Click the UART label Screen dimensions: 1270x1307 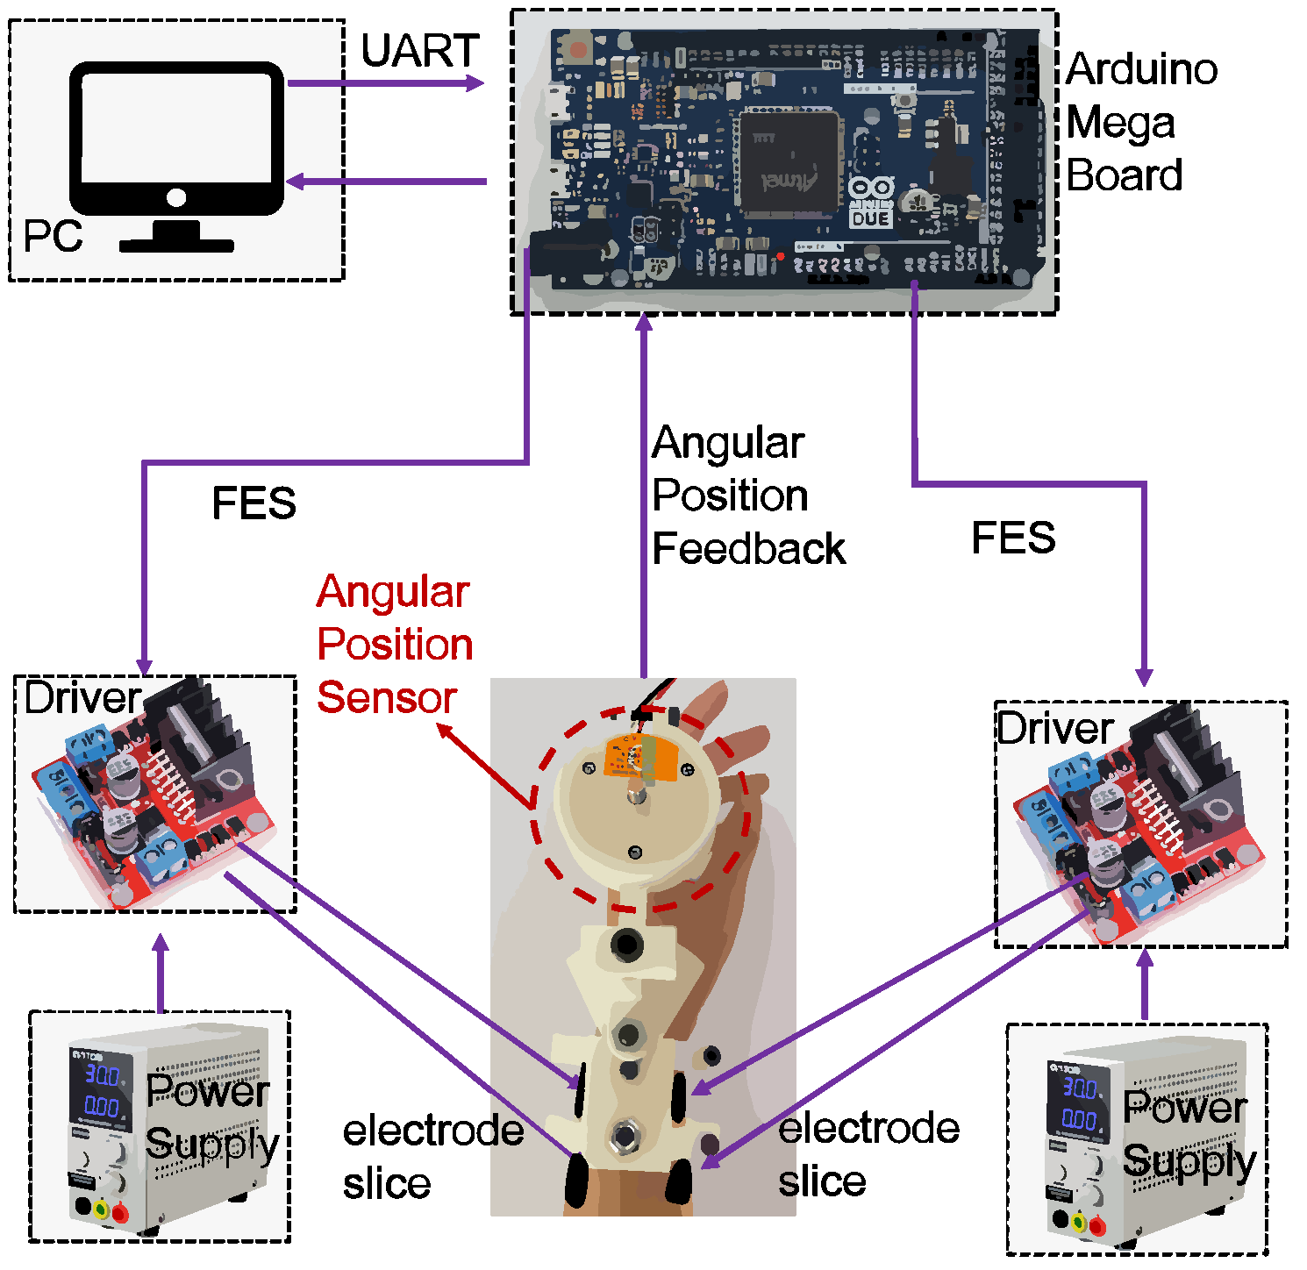click(x=419, y=51)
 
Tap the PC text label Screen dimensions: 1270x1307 click(x=53, y=236)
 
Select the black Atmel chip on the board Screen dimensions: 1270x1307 click(x=789, y=164)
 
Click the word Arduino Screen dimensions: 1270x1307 click(x=1141, y=69)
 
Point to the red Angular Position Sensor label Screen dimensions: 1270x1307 click(x=394, y=645)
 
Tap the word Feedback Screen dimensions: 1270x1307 click(x=748, y=549)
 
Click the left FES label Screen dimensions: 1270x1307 click(x=254, y=503)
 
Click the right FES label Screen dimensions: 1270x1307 click(x=1013, y=538)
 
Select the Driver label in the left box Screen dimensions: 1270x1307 click(x=82, y=698)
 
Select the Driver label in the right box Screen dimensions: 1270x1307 click(x=1054, y=729)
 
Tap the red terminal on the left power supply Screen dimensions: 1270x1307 click(x=120, y=1214)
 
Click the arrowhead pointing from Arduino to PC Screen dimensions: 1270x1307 click(x=296, y=182)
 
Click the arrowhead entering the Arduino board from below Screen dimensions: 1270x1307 click(x=645, y=322)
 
